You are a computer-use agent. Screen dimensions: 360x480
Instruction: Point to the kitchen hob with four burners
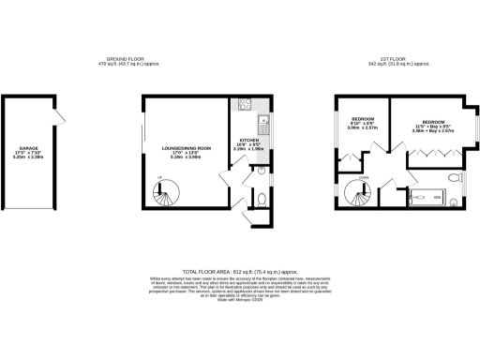(243, 103)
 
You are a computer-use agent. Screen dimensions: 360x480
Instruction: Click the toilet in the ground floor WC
(262, 200)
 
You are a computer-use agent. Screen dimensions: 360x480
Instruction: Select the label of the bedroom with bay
(433, 126)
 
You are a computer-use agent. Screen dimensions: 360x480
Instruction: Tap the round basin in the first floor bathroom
(453, 201)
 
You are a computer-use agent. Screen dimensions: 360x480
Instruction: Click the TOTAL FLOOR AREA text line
(240, 269)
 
